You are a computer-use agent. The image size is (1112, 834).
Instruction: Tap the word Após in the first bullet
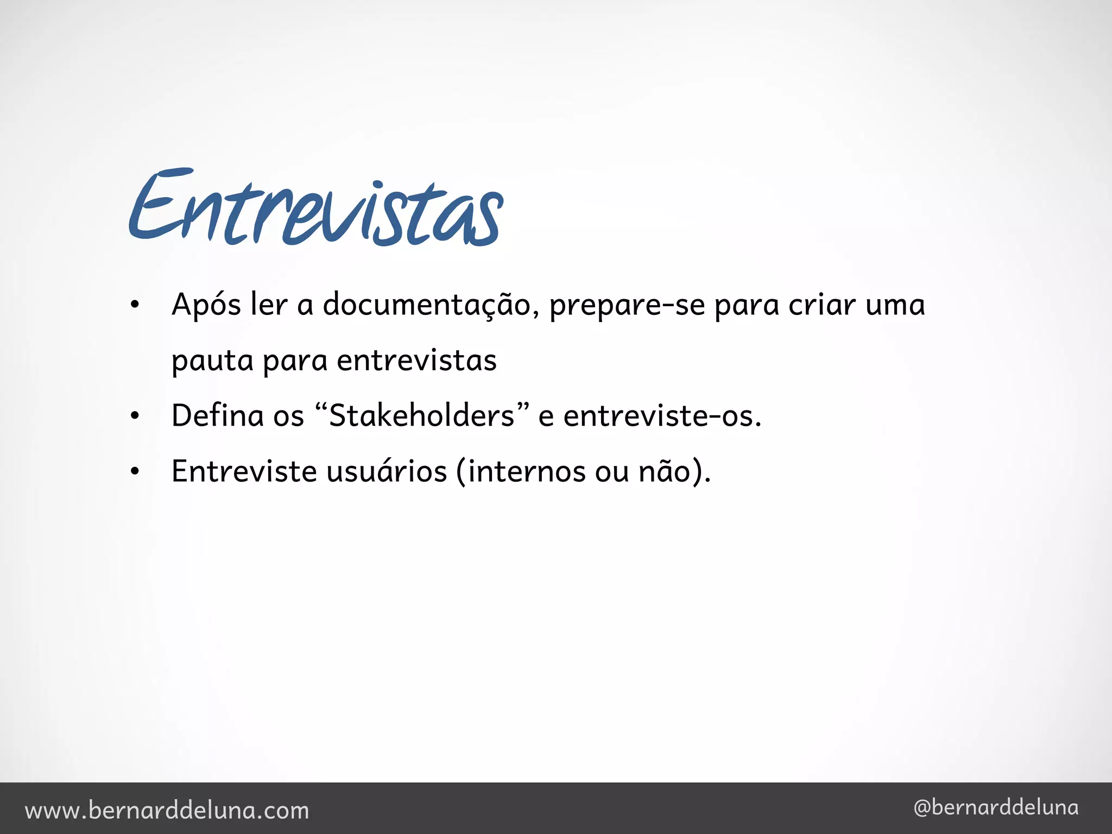[206, 305]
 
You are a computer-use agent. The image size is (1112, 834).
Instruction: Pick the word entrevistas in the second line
[416, 361]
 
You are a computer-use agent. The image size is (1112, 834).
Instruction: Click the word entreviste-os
[662, 416]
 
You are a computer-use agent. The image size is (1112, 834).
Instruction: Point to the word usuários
[386, 471]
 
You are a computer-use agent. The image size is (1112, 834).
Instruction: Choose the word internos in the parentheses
[526, 471]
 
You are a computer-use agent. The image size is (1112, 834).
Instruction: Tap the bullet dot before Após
[135, 305]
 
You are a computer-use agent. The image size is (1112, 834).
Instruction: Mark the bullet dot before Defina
[135, 416]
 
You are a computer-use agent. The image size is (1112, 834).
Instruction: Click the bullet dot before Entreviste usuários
[135, 472]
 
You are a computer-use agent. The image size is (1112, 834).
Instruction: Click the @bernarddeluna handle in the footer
[996, 808]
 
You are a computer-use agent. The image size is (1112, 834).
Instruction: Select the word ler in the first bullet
[268, 305]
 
